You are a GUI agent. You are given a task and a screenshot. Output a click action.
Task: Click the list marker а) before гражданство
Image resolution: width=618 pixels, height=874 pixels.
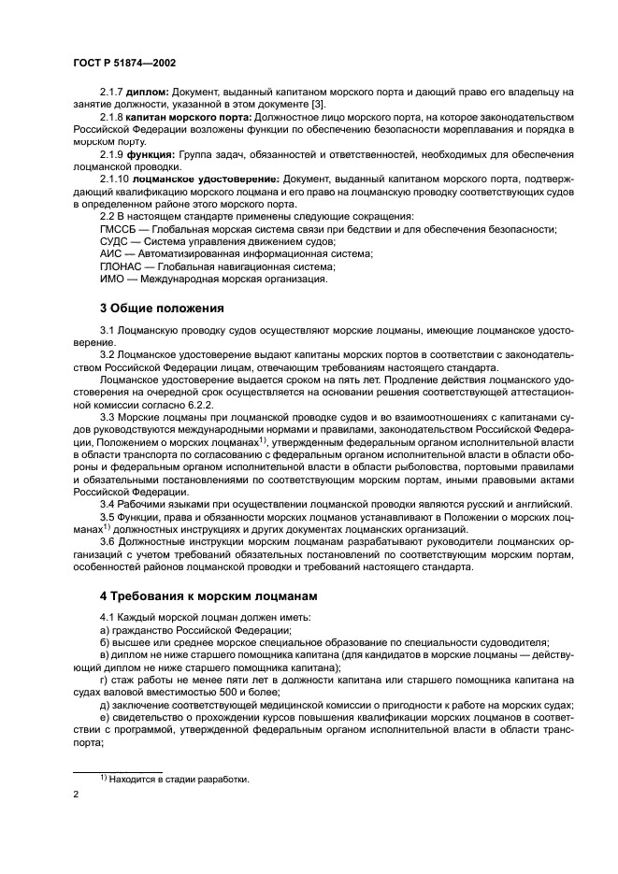105,630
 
